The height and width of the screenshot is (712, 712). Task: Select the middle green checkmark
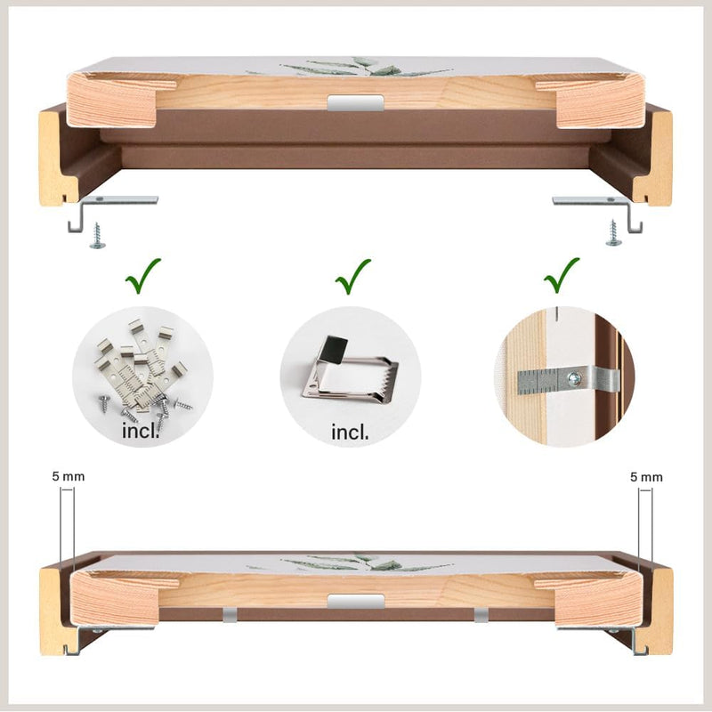(352, 278)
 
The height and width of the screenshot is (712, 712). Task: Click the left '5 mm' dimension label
(69, 476)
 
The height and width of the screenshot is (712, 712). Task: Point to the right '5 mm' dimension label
(646, 477)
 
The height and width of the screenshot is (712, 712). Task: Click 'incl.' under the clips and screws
(141, 431)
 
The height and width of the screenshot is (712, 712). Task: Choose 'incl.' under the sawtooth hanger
(350, 432)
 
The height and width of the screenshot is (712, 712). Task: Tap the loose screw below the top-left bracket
(97, 236)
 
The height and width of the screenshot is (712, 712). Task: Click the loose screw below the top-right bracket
(613, 233)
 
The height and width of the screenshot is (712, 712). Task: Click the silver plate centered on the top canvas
(355, 102)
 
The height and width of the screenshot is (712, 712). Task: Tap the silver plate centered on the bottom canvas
(355, 602)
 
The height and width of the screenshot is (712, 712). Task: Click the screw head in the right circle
(574, 377)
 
